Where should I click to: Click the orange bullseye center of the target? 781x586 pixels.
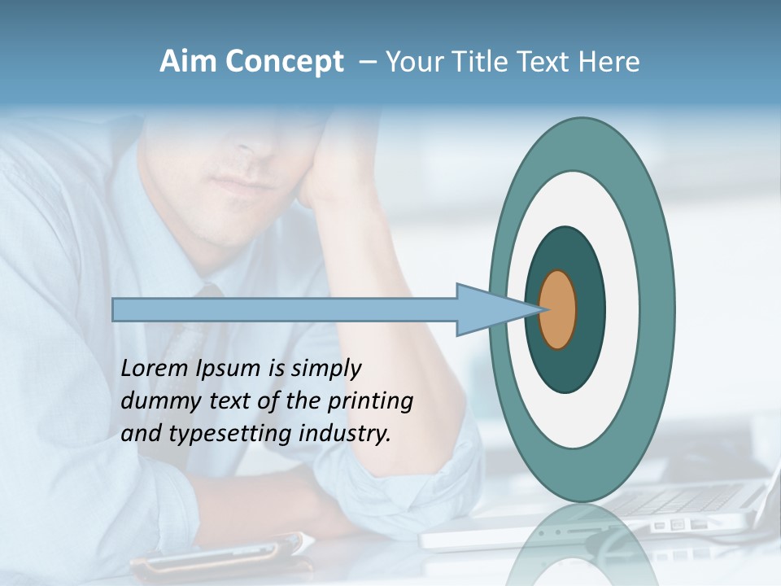[x=558, y=310]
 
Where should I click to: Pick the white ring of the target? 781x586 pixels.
[x=622, y=309]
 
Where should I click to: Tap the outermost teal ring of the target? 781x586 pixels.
[x=657, y=309]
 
